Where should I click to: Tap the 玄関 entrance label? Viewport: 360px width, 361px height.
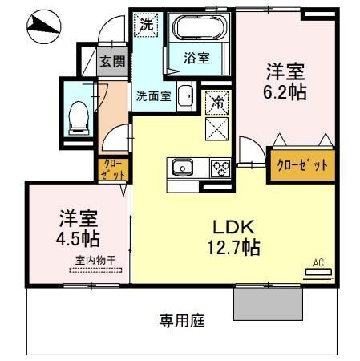[111, 61]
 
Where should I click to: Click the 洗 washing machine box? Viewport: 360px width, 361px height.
[146, 25]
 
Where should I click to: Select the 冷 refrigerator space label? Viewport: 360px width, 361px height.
[217, 102]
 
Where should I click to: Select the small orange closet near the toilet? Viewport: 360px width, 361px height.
[109, 168]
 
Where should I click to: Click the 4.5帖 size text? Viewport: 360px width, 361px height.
[78, 238]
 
